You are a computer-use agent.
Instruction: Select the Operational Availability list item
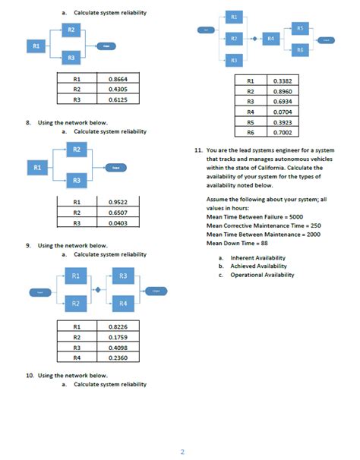point(262,275)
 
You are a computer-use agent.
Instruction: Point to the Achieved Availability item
point(258,266)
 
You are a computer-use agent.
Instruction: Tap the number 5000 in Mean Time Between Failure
point(291,216)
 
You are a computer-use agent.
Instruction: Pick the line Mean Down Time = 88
point(238,243)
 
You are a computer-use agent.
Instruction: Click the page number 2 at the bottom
point(182,452)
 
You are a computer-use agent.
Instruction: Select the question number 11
point(196,150)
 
